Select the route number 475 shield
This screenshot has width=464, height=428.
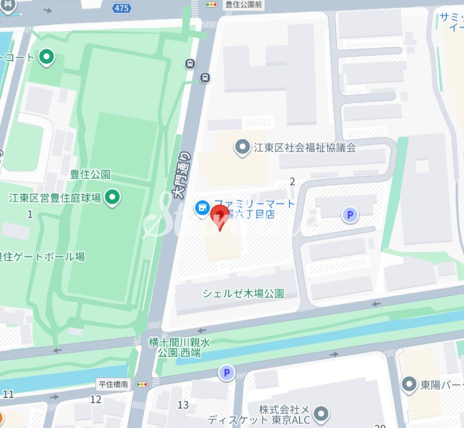(x=122, y=8)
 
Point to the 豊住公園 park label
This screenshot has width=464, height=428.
(x=90, y=174)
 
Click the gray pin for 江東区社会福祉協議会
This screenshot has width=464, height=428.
(x=241, y=148)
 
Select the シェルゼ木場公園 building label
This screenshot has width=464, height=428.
(x=243, y=293)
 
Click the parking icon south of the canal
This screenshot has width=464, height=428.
(x=226, y=372)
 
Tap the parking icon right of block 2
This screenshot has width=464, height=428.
(x=350, y=215)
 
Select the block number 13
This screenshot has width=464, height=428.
(x=183, y=404)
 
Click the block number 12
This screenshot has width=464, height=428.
(x=96, y=400)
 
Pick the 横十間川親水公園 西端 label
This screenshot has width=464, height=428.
(x=179, y=347)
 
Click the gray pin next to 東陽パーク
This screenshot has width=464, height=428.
(x=409, y=385)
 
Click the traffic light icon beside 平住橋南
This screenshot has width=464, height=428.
(x=142, y=384)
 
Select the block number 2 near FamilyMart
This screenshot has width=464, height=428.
(x=292, y=180)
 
